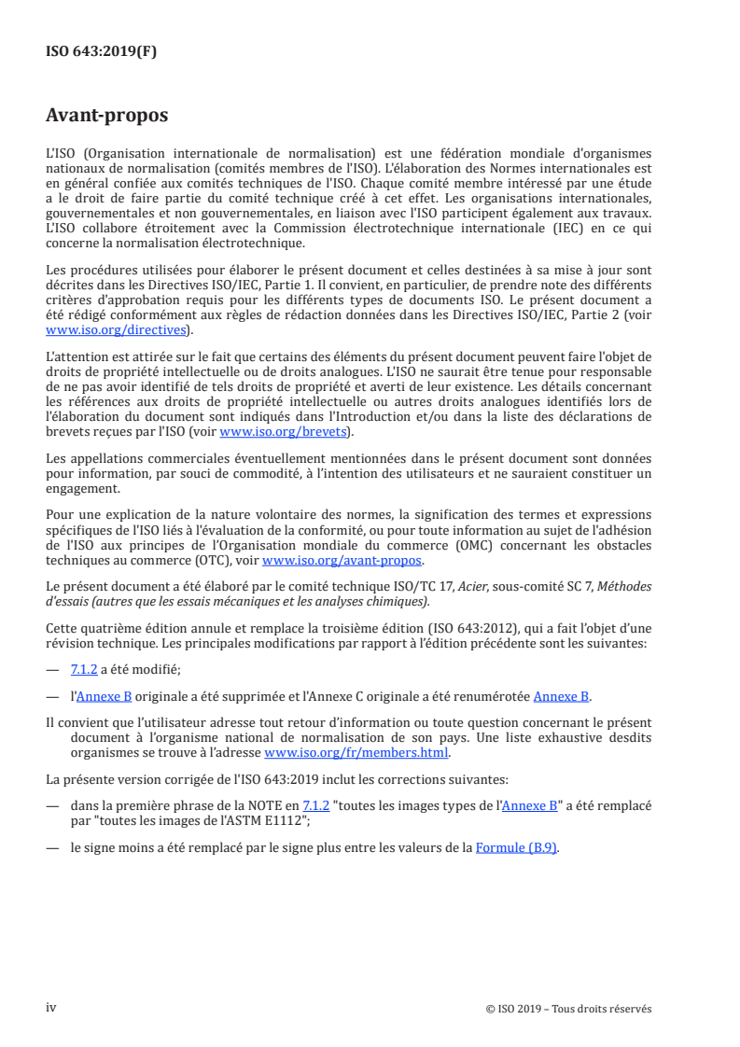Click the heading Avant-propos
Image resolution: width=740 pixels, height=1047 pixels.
point(106,116)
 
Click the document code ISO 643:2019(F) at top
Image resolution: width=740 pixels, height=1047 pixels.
point(102,52)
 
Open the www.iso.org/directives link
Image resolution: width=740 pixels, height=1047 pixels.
point(118,329)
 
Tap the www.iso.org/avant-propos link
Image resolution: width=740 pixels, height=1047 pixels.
point(342,561)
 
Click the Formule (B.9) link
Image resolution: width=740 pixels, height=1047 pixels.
point(517,848)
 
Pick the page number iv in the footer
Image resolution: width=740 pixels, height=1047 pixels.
point(51,1008)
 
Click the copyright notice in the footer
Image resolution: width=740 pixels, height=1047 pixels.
point(568,1009)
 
